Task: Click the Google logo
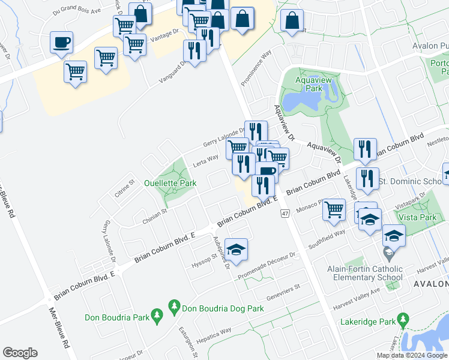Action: [20, 353]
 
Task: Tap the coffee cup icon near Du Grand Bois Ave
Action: [61, 43]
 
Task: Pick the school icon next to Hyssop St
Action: [236, 250]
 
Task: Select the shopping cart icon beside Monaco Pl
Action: [334, 210]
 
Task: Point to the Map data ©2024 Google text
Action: [412, 355]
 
